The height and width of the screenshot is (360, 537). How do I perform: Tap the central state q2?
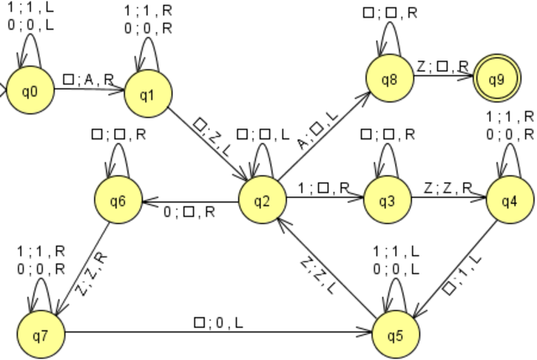click(x=261, y=201)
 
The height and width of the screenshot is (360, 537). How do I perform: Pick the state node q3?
click(x=387, y=201)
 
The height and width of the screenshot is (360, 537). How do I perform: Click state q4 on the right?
click(x=508, y=201)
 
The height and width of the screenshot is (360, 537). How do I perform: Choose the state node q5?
click(x=394, y=334)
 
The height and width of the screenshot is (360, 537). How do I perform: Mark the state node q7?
click(x=39, y=334)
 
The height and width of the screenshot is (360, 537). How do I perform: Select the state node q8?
click(x=388, y=81)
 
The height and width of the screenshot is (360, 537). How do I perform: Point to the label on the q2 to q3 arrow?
click(x=323, y=190)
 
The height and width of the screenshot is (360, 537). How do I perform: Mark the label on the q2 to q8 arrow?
click(x=320, y=133)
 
